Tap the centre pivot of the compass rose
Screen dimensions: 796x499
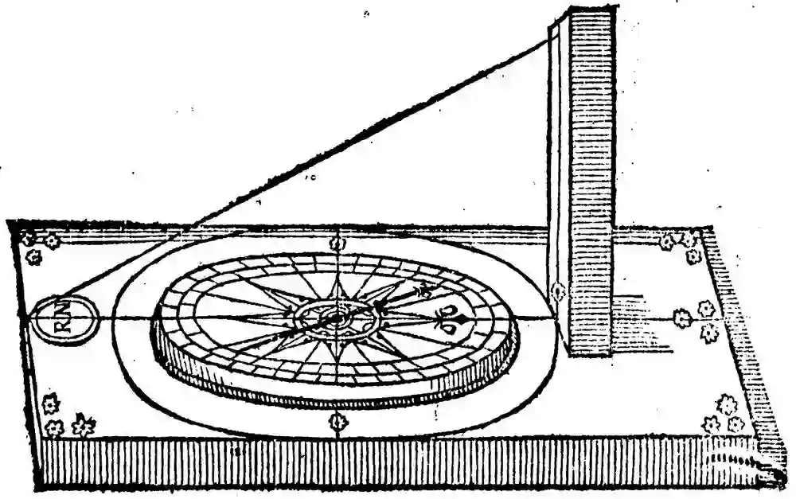(x=335, y=318)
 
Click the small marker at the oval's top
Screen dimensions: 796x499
(x=338, y=242)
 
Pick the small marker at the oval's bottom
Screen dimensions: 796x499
(x=338, y=422)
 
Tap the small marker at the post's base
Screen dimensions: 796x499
(x=558, y=293)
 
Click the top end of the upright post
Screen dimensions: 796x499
(x=586, y=13)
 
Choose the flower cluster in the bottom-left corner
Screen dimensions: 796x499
(x=64, y=417)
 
